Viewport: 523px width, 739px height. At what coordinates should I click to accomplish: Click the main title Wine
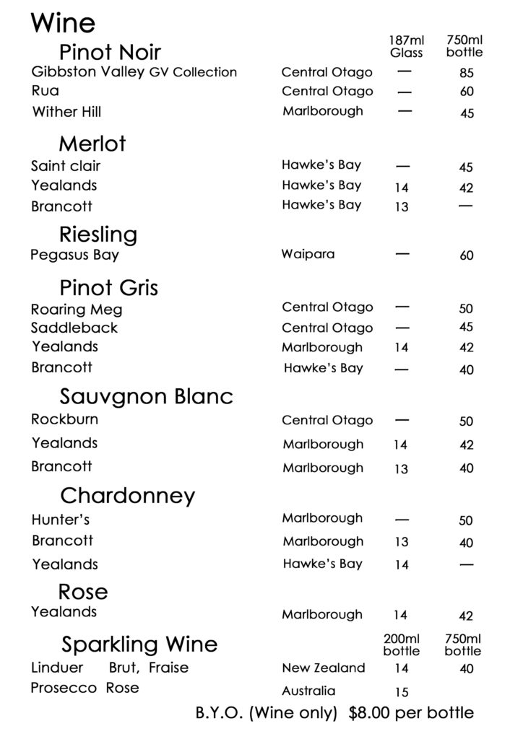click(63, 23)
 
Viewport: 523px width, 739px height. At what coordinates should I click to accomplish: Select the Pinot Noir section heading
click(110, 52)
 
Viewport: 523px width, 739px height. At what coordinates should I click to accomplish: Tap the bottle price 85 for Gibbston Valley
click(466, 73)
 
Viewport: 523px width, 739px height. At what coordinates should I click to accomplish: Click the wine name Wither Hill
click(66, 112)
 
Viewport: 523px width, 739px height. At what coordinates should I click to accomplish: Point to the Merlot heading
click(92, 144)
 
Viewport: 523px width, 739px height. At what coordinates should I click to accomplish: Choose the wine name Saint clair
click(66, 166)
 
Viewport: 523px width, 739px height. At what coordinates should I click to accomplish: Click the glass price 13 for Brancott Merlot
click(402, 207)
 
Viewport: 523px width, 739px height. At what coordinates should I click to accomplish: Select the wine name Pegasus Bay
click(75, 255)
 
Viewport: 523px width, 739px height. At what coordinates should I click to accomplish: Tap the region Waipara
click(308, 255)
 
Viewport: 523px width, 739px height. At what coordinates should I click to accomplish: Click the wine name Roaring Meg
click(77, 310)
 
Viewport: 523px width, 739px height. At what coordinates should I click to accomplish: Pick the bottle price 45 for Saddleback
click(466, 328)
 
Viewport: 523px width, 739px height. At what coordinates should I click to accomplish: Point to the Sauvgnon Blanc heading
click(147, 397)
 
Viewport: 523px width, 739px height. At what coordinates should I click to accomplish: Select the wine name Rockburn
click(65, 419)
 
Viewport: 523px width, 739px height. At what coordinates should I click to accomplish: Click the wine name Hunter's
click(61, 520)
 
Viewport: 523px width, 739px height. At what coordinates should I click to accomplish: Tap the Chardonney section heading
click(128, 496)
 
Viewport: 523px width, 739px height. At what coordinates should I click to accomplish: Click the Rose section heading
click(83, 592)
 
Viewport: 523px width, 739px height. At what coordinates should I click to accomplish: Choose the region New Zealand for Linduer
click(324, 668)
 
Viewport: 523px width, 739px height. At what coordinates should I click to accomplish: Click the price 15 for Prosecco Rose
click(402, 692)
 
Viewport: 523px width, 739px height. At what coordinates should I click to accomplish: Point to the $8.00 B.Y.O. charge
click(376, 714)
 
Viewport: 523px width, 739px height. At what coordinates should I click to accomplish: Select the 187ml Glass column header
click(406, 46)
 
